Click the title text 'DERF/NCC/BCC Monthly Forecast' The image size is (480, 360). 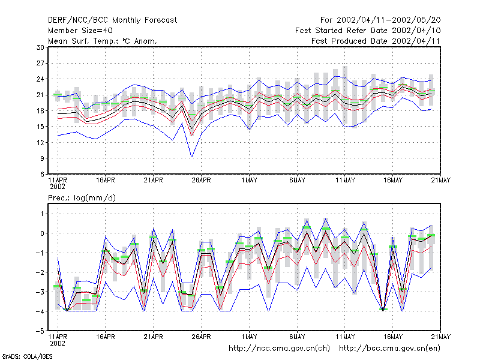112,20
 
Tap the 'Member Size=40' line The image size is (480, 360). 80,31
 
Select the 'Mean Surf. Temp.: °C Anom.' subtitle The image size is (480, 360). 102,41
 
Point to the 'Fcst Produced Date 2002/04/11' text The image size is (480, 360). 376,41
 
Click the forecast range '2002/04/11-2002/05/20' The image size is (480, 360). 388,20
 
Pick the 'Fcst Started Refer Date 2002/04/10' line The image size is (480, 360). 368,31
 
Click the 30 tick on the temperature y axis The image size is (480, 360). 40,47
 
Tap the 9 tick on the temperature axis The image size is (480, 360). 42,158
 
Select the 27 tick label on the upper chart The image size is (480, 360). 40,63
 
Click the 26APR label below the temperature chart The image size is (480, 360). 201,180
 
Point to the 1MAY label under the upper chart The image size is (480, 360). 249,180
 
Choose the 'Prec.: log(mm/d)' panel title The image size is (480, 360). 82,198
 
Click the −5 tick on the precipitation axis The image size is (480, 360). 40,331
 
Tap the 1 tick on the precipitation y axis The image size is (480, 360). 42,214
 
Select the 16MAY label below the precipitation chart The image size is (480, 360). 393,337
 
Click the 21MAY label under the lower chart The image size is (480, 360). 441,337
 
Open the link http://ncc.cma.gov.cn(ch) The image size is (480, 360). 279,349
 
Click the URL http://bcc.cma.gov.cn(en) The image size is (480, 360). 389,349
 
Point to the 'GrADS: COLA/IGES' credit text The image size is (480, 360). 27,356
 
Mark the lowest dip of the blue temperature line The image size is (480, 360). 191,157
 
